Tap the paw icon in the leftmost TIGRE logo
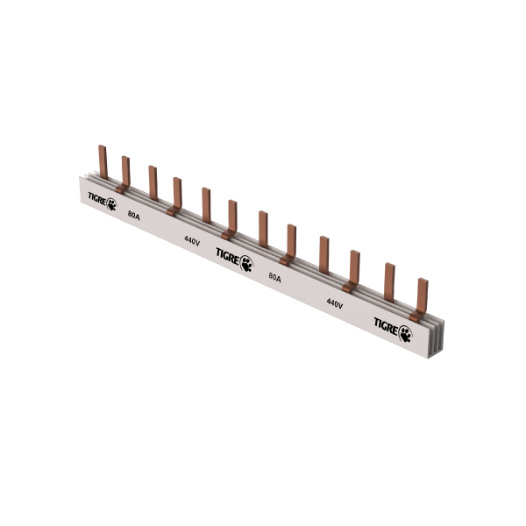[111, 207]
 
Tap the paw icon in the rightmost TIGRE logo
[405, 331]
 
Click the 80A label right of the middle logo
[274, 278]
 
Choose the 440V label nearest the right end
[334, 302]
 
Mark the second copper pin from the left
[125, 171]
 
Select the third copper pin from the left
[153, 181]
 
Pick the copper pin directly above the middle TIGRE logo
[232, 217]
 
